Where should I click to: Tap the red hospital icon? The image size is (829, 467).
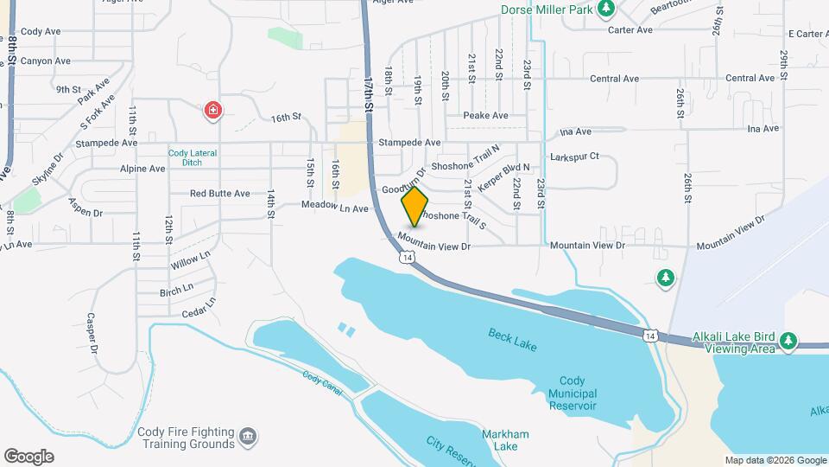(213, 111)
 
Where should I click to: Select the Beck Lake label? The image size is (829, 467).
(512, 340)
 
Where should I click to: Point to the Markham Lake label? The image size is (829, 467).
(506, 439)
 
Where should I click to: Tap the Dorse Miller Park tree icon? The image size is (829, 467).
(606, 9)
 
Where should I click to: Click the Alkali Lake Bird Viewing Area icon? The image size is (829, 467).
(788, 342)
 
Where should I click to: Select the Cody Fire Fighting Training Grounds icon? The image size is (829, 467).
(248, 434)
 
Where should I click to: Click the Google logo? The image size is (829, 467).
(28, 456)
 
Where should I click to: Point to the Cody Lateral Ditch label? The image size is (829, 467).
(193, 157)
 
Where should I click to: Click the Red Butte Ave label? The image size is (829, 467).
(219, 194)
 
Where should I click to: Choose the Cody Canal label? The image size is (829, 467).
(324, 381)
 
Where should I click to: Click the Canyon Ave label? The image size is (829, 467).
(46, 61)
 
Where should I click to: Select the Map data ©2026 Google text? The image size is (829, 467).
(775, 459)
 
